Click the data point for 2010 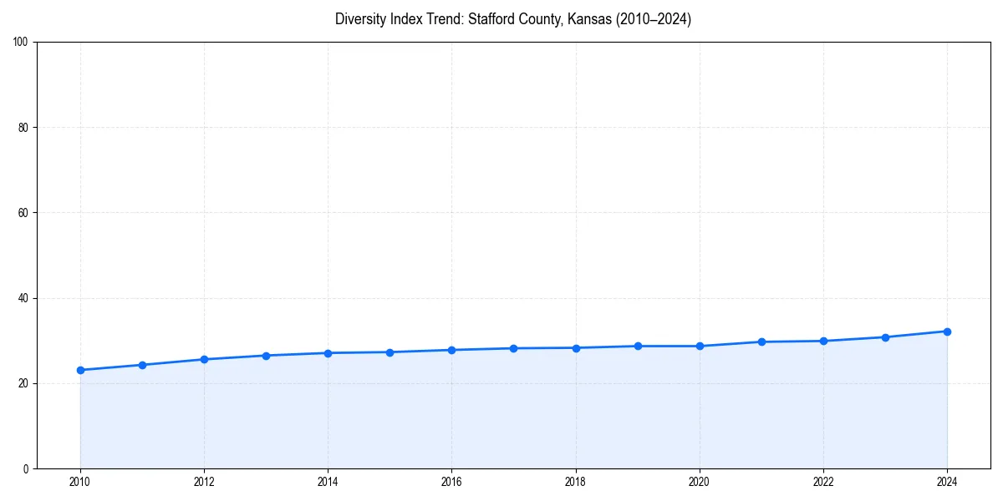80,370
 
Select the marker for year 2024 947,331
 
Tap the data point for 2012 204,359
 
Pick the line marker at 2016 451,350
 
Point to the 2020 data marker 700,346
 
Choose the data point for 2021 761,342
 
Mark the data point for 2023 885,337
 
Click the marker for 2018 576,347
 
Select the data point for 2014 328,353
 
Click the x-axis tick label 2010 80,482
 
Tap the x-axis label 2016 451,482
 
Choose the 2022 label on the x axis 823,482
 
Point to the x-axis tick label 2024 947,482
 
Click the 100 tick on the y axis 22,43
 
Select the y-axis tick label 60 24,213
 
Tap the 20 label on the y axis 24,383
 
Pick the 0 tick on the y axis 27,468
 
